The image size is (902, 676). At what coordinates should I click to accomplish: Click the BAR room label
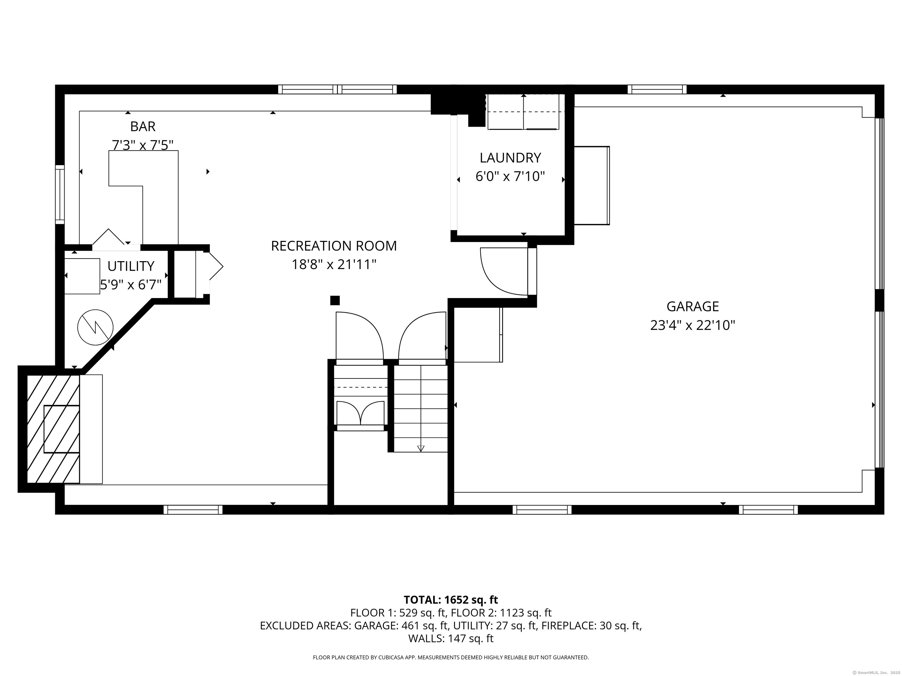pyautogui.click(x=143, y=127)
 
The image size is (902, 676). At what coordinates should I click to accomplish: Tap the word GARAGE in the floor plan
pyautogui.click(x=692, y=306)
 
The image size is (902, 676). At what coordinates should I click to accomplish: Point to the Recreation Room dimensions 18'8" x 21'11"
pyautogui.click(x=334, y=265)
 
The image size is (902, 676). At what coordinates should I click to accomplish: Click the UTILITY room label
pyautogui.click(x=130, y=266)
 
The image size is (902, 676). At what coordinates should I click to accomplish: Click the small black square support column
pyautogui.click(x=335, y=300)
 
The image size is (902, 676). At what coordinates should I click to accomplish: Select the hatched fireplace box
pyautogui.click(x=53, y=429)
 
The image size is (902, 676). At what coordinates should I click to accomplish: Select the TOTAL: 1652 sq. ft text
pyautogui.click(x=451, y=600)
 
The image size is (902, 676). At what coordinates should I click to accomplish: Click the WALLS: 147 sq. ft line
pyautogui.click(x=451, y=638)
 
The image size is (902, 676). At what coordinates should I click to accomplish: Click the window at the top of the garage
pyautogui.click(x=657, y=89)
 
